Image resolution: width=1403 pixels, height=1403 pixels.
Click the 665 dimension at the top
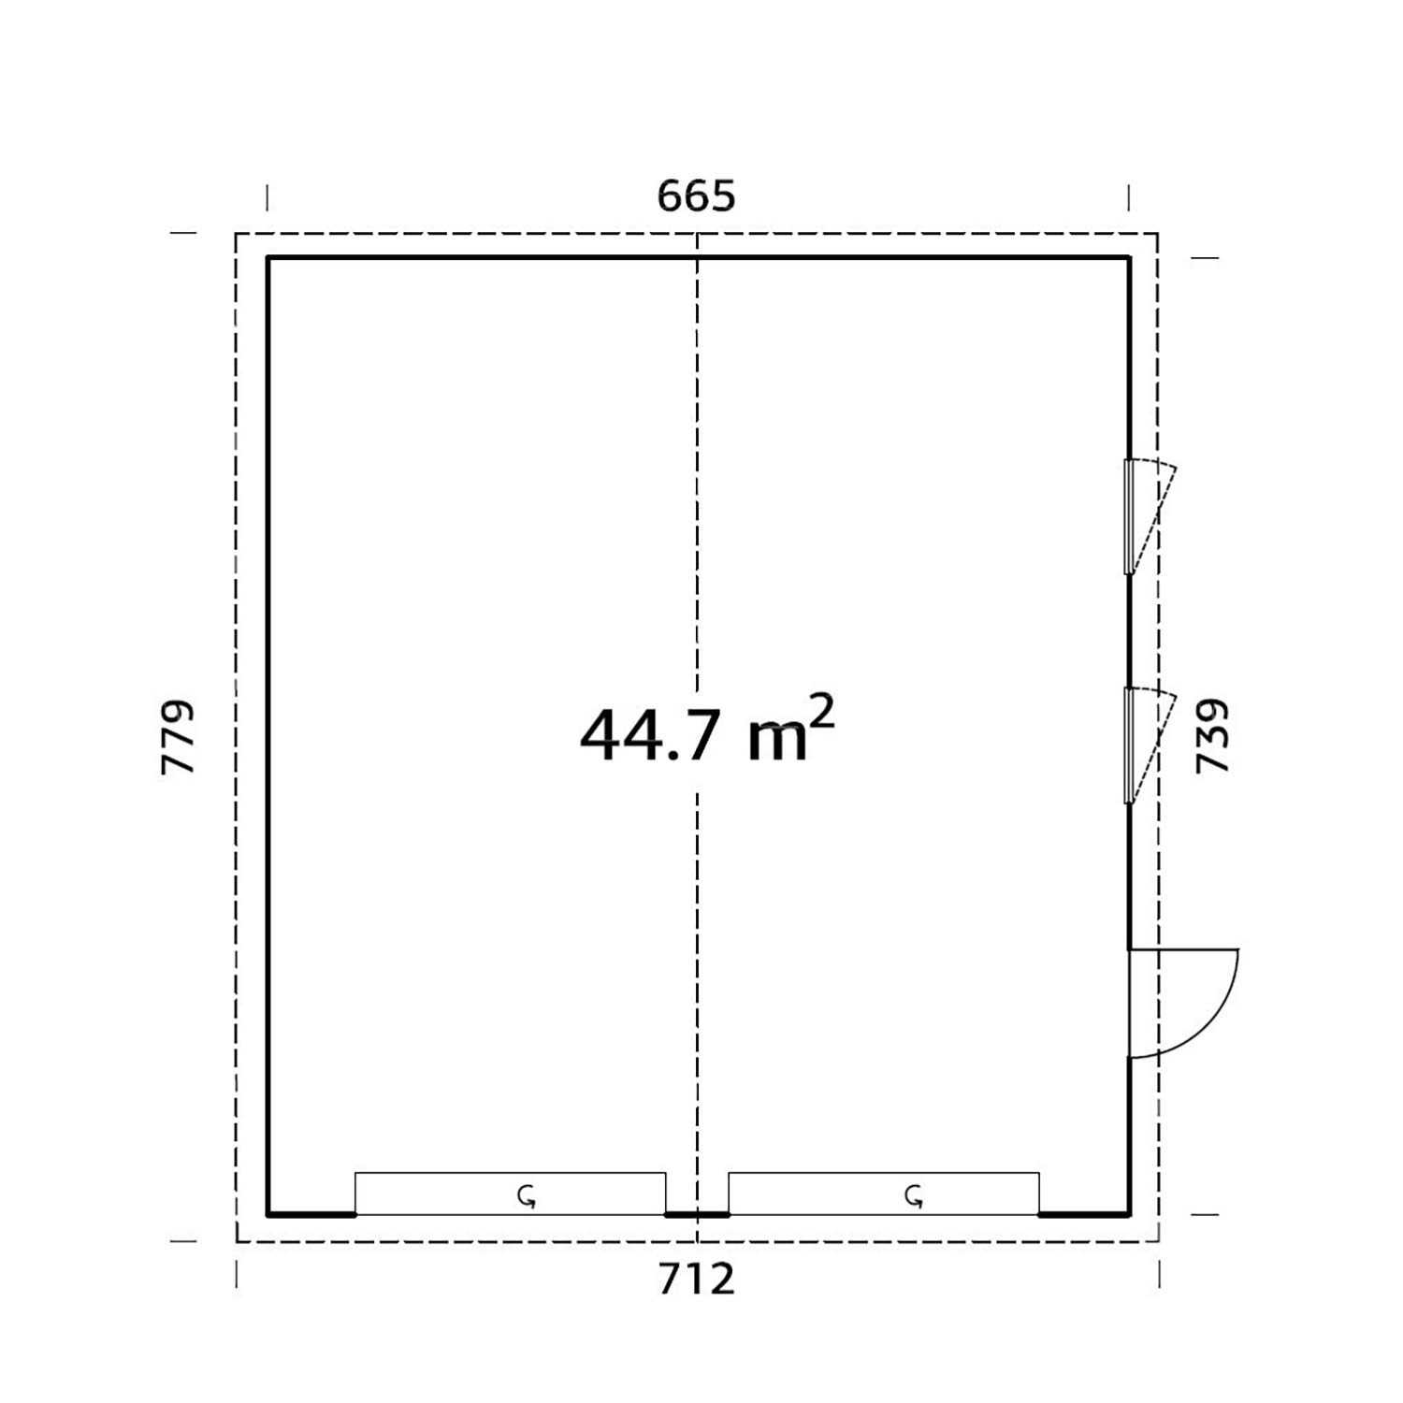(x=697, y=196)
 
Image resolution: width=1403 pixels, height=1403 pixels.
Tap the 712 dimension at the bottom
(x=697, y=1279)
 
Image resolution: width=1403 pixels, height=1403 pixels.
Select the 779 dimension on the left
(x=178, y=736)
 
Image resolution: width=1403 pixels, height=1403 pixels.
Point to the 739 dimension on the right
(x=1212, y=736)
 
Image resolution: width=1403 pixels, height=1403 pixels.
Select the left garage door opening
(x=510, y=1193)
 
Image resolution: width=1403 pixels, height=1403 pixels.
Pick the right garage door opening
(x=884, y=1193)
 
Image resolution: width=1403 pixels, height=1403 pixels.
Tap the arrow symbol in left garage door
(x=528, y=1195)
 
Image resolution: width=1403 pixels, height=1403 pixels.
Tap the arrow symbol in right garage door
(x=914, y=1195)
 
